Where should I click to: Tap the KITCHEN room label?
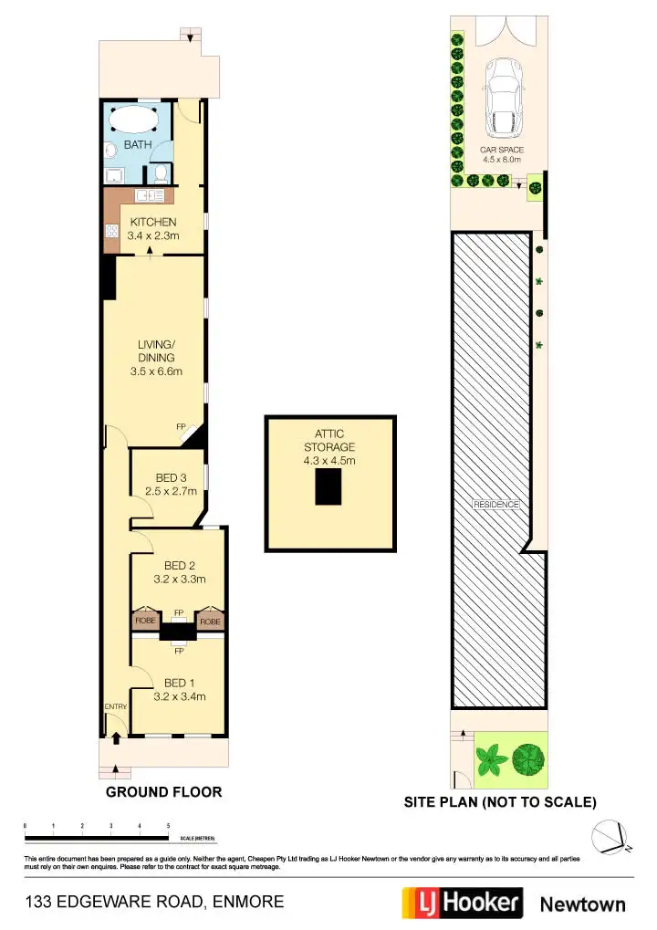click(x=152, y=223)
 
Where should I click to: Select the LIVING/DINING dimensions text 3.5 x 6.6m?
click(x=156, y=371)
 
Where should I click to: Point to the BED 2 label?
click(x=180, y=565)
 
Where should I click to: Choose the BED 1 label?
click(x=180, y=683)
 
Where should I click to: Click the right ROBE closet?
click(x=211, y=621)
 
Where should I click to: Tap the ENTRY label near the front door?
click(x=115, y=706)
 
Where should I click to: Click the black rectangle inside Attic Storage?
click(x=328, y=490)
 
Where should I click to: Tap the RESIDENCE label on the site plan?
click(x=495, y=505)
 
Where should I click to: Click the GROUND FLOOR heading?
click(x=163, y=791)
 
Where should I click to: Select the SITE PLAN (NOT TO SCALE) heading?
click(x=500, y=803)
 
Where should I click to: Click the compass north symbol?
click(x=609, y=835)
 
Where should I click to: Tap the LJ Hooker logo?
click(x=463, y=903)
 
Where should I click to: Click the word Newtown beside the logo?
click(x=583, y=904)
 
